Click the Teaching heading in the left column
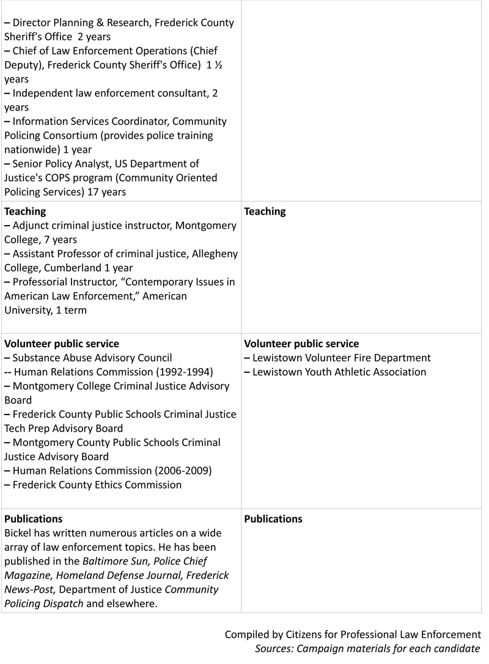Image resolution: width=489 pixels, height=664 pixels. coord(25,212)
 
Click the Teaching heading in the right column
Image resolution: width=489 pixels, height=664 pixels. coord(265,212)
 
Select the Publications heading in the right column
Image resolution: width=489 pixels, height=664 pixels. coord(273,519)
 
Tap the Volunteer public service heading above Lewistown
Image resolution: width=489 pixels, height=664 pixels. coord(301,344)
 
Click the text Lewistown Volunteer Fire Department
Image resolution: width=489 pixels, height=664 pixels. coord(341,358)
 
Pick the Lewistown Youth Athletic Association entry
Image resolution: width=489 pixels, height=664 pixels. coord(339,372)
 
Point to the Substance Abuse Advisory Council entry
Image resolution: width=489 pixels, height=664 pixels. coord(92,358)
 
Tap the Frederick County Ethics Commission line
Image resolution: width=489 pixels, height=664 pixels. coord(97,485)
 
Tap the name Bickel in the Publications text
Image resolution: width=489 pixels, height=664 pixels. coord(19,533)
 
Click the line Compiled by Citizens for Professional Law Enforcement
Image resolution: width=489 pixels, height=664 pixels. coord(353,635)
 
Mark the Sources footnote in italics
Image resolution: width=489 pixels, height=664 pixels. coord(367,649)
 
